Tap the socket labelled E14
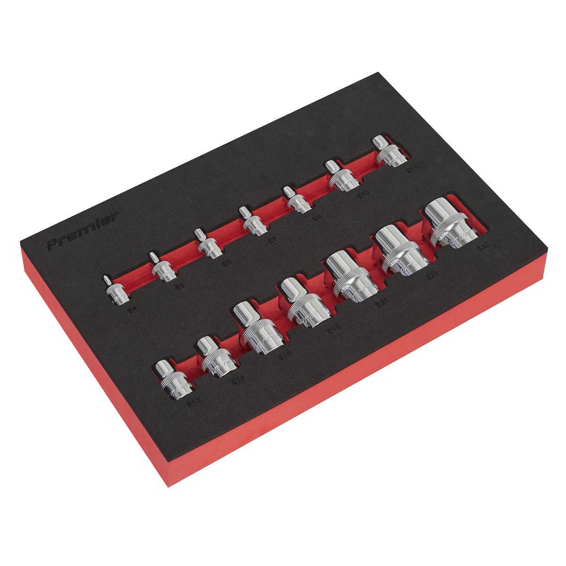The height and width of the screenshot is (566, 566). (215, 358)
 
